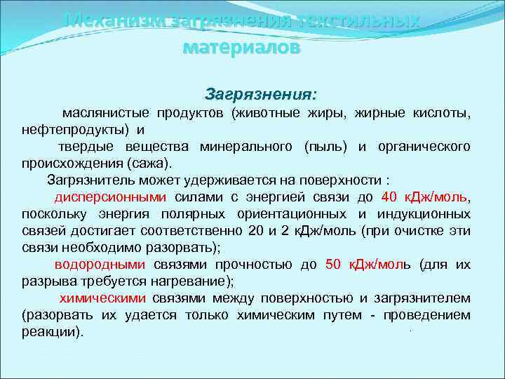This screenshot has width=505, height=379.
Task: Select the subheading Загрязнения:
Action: (261, 94)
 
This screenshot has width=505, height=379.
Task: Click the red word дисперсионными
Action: (111, 197)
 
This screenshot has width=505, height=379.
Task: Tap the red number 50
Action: (333, 264)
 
